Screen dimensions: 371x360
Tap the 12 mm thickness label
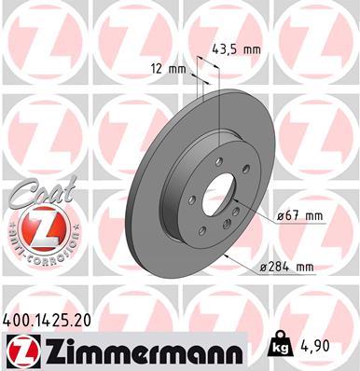pos(167,69)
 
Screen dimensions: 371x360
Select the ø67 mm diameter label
pos(300,217)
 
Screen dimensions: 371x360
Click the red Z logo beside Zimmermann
pos(21,352)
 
